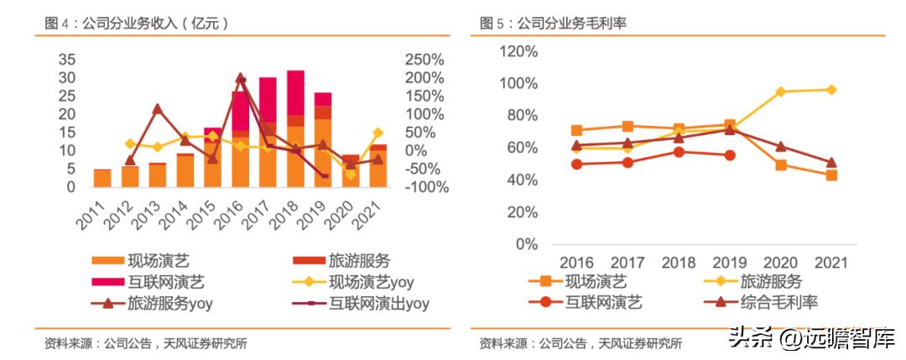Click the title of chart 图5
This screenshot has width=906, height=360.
[553, 23]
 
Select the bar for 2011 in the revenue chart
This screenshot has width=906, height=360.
[102, 178]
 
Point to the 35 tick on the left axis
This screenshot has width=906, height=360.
[68, 60]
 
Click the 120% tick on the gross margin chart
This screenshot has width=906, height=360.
[518, 51]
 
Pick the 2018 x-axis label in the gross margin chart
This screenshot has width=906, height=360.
[678, 263]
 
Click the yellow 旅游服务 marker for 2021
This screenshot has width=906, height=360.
[831, 90]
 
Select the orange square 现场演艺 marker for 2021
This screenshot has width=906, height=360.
[831, 175]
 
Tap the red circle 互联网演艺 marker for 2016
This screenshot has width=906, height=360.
[576, 164]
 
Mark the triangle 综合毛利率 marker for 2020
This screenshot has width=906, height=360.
[780, 147]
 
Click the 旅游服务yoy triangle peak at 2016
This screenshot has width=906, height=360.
[241, 79]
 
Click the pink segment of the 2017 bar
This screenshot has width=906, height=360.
[268, 101]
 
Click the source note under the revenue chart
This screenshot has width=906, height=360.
[146, 343]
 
